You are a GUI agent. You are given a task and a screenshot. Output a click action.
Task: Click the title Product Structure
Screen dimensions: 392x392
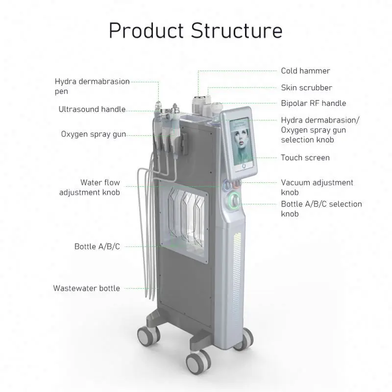click(x=196, y=30)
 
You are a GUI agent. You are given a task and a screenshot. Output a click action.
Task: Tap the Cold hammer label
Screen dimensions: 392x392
click(x=305, y=71)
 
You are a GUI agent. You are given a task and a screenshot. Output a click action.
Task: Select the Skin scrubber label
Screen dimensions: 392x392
click(x=306, y=88)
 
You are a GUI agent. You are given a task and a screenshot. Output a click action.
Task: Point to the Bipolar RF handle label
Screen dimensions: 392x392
click(x=313, y=103)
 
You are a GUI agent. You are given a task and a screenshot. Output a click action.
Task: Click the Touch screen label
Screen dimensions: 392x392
click(x=305, y=158)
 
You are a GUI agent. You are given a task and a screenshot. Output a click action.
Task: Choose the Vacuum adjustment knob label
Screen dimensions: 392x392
click(x=317, y=187)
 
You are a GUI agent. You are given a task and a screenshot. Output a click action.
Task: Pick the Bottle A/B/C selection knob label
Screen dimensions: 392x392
click(x=321, y=209)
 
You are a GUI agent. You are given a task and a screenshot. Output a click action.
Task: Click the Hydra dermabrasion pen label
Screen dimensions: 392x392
click(x=92, y=86)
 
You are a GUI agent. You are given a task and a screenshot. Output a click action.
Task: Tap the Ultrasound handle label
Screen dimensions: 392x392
click(x=92, y=109)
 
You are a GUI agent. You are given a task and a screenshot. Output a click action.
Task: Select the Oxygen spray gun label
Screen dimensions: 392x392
click(x=93, y=134)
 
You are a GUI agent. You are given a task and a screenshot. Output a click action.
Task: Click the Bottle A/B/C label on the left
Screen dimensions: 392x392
click(x=97, y=246)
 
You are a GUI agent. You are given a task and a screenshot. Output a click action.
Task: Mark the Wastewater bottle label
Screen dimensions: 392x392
click(x=87, y=288)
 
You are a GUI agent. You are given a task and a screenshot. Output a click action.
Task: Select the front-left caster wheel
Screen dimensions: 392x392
click(x=147, y=337)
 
